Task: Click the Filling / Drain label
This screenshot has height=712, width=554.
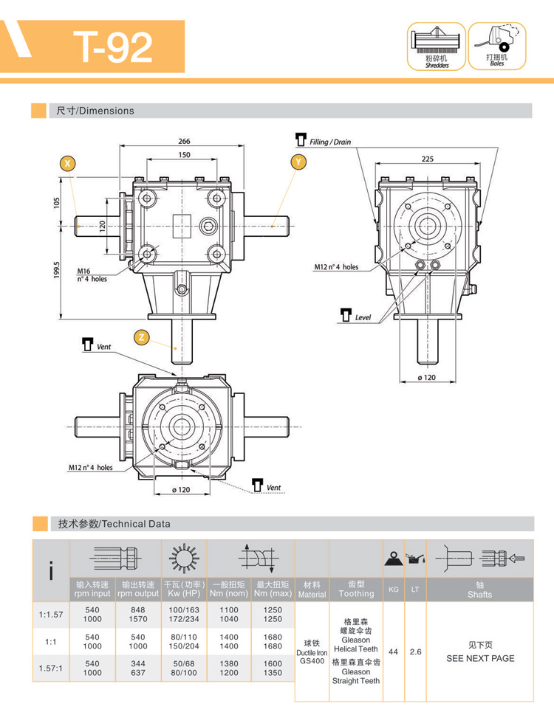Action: pos(329,141)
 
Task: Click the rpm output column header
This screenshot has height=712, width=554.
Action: pos(137,589)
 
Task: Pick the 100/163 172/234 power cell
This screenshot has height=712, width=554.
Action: pos(184,615)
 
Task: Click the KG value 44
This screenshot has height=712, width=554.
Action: pos(394,652)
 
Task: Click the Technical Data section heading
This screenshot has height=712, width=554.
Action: pos(114,524)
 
